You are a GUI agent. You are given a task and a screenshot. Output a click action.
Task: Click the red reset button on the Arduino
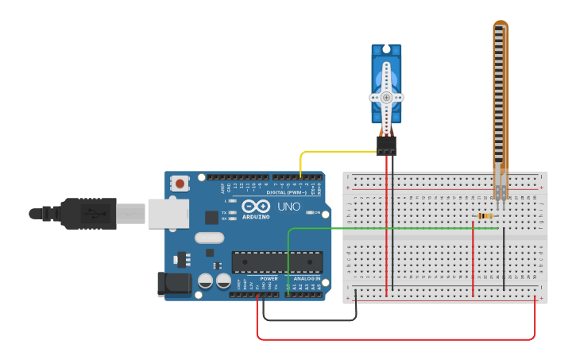tap(180, 184)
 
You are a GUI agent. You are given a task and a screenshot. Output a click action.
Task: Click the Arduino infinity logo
tap(256, 206)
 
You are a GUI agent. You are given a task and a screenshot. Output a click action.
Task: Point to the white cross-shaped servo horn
tap(386, 96)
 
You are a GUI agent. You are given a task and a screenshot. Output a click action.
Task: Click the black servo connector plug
tap(386, 145)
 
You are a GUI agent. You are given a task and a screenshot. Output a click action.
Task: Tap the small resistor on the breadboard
tap(485, 215)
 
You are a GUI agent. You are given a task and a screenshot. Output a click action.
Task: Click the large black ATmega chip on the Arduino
tap(277, 261)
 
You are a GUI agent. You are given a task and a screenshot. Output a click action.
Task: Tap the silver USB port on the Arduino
tap(168, 213)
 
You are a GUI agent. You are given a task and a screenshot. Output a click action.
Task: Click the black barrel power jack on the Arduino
tap(175, 284)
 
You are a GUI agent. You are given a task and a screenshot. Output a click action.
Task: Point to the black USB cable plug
tap(87, 213)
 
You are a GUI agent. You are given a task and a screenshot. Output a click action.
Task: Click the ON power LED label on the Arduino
tap(317, 213)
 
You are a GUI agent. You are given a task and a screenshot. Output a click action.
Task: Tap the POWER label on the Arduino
tap(269, 279)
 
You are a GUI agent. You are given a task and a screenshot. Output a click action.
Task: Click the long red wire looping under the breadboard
tap(397, 339)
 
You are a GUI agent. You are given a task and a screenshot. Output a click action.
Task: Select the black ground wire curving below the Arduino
tap(310, 320)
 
